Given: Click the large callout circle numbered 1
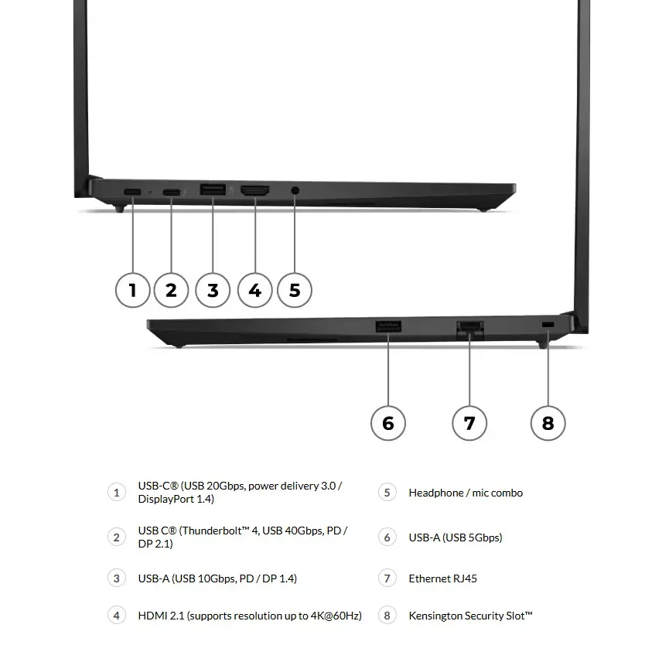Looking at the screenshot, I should [132, 290].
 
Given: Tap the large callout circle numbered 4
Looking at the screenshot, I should [254, 290].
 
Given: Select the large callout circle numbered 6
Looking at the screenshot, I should [388, 422].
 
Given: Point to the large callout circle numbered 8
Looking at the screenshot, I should [548, 422].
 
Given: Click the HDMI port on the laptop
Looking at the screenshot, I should [255, 189].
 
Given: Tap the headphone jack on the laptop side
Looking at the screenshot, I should [295, 189].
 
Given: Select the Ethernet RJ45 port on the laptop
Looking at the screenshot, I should [469, 329].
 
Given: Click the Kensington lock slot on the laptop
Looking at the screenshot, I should [548, 322].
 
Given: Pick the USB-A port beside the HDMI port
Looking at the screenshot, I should [213, 189].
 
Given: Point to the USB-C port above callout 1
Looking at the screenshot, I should [132, 191].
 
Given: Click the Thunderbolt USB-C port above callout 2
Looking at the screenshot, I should [171, 191].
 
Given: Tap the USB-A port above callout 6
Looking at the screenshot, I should [388, 327].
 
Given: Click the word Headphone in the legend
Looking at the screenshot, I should [435, 493].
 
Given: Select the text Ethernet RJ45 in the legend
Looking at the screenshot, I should [442, 578].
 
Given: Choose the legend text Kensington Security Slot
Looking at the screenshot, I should [470, 616].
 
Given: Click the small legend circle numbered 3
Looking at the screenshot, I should [117, 578].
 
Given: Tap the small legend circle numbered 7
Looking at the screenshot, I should [387, 578].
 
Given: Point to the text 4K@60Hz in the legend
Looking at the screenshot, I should [333, 616].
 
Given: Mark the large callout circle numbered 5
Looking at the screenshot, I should [295, 290].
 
